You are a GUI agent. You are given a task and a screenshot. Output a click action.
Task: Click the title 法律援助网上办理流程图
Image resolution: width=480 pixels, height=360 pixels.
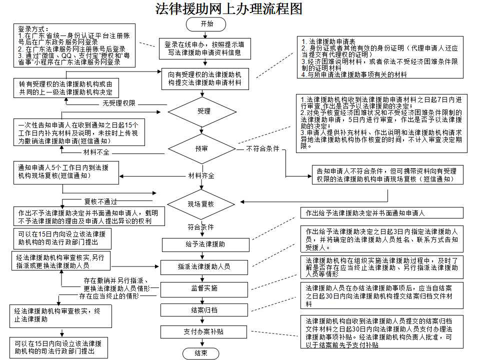(x=229, y=9)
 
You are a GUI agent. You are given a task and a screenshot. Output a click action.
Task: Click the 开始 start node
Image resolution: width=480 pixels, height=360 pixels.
(x=205, y=23)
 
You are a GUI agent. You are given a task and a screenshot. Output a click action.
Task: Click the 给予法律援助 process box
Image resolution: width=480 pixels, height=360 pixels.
(x=205, y=244)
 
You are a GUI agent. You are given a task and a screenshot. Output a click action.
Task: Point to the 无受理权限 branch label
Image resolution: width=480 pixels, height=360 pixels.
(x=119, y=103)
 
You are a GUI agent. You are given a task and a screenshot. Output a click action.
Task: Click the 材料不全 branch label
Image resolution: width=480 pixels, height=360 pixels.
(x=96, y=151)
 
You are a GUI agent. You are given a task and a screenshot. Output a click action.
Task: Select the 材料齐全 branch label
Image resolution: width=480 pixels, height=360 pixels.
(x=201, y=175)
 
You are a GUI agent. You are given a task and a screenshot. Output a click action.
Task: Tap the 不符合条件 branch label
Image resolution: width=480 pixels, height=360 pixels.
(x=262, y=148)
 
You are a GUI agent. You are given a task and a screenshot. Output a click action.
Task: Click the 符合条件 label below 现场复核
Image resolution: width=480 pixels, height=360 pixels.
(x=201, y=226)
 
